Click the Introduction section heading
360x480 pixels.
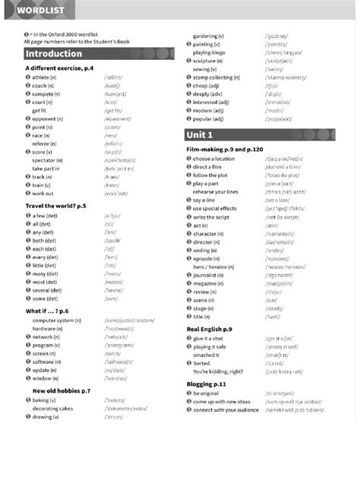pyautogui.click(x=53, y=54)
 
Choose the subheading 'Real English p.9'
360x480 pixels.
pyautogui.click(x=209, y=328)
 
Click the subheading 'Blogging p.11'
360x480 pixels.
pyautogui.click(x=206, y=384)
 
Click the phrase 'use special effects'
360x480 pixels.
pyautogui.click(x=220, y=208)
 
